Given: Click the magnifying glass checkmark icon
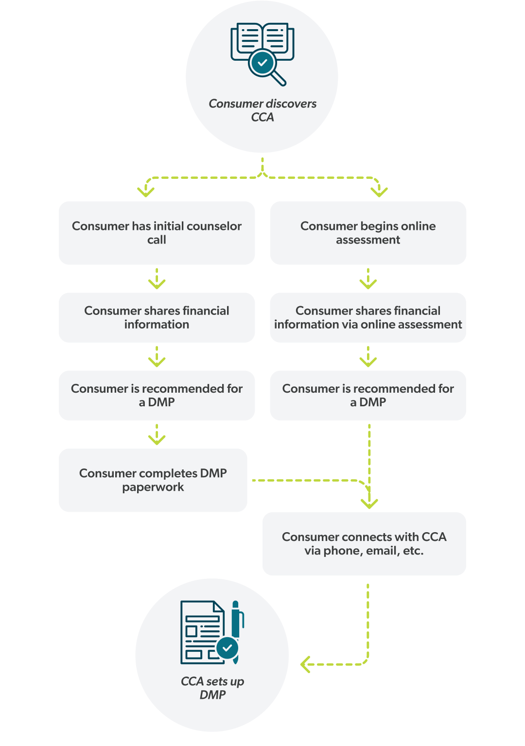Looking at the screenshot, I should (263, 63).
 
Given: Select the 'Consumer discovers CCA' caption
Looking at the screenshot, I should (262, 110).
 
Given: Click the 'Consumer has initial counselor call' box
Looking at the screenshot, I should (157, 233).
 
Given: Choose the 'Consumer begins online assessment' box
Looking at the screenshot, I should (368, 233).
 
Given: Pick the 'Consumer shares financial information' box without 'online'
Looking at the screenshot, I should (157, 317).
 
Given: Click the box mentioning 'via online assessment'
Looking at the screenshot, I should (368, 317).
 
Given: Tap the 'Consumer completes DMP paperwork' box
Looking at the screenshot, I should (153, 480).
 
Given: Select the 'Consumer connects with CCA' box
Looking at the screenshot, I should (364, 544).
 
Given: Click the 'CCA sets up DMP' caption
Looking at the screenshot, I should (212, 688).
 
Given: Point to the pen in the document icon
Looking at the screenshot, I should (237, 627).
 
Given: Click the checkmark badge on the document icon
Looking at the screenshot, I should (227, 648).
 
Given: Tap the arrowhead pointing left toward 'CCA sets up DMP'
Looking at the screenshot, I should (305, 664).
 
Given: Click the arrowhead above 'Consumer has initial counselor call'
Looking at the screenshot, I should (146, 191).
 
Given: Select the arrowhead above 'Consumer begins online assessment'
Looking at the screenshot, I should (379, 191).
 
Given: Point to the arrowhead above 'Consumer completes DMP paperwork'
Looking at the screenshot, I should (157, 439).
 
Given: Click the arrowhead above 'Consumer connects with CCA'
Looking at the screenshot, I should (369, 503).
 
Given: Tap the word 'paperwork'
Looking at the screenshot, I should (153, 487).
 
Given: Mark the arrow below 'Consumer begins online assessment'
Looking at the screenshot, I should (368, 279).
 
